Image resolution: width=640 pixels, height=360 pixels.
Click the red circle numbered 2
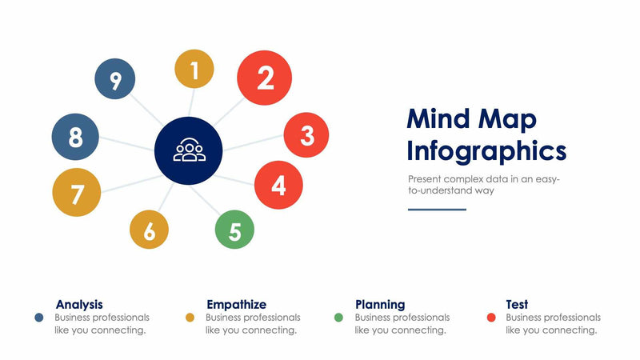click(266, 78)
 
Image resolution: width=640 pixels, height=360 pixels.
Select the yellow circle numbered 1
click(194, 69)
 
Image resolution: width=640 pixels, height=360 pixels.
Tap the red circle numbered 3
click(306, 135)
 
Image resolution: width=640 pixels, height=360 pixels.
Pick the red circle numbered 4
click(278, 185)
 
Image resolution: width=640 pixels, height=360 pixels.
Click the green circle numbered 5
click(234, 230)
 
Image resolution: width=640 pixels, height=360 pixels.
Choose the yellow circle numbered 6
click(150, 230)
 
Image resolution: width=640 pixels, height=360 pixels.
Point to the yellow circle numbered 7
click(77, 193)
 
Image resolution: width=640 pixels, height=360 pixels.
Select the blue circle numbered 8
click(75, 137)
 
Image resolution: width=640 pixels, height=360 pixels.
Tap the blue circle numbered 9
click(115, 80)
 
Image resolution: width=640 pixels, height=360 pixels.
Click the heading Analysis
click(79, 304)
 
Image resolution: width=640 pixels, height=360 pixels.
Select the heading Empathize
click(236, 304)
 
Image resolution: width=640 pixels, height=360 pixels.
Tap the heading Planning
click(380, 304)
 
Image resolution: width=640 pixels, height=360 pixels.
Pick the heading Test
click(517, 304)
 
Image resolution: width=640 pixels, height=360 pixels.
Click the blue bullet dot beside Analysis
click(38, 318)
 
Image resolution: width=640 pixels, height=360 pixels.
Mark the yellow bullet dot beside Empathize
click(190, 318)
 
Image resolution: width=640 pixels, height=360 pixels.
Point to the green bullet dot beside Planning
click(338, 318)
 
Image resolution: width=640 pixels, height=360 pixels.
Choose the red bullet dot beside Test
click(491, 318)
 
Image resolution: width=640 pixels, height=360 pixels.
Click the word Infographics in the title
click(486, 150)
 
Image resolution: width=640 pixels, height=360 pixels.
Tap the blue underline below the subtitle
click(437, 210)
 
